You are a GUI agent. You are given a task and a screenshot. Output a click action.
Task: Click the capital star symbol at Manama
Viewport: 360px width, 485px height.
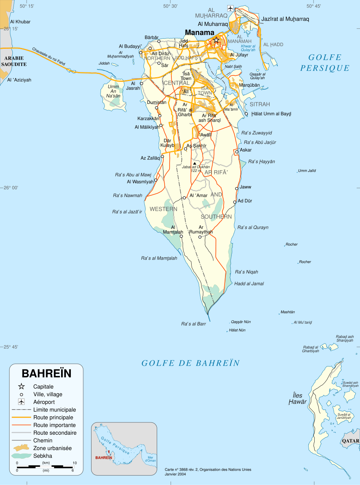[x=216, y=40]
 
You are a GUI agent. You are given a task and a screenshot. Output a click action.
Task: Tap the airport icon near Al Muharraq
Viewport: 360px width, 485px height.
[x=230, y=8]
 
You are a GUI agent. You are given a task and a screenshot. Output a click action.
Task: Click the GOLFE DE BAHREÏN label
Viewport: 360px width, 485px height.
[x=190, y=363]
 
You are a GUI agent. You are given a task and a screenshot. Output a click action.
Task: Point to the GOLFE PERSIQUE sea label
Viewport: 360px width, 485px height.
[x=325, y=63]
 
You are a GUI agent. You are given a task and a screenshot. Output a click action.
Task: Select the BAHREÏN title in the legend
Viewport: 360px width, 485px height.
[x=46, y=374]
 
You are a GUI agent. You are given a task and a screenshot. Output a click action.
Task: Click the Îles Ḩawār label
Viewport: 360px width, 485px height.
[x=298, y=398]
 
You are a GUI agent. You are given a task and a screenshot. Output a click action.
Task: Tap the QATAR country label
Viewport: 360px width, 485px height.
[x=350, y=441]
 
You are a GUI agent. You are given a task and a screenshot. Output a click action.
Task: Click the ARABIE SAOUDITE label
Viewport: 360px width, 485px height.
[x=14, y=61]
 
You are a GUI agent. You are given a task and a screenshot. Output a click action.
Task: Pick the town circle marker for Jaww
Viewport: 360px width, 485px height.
[x=237, y=188]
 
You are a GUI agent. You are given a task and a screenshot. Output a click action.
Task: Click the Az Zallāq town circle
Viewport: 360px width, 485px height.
[x=162, y=156]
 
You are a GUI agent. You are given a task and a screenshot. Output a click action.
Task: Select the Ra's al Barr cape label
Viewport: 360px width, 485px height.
[x=193, y=324]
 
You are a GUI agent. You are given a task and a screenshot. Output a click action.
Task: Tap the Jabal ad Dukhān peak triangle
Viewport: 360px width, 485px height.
[x=195, y=163]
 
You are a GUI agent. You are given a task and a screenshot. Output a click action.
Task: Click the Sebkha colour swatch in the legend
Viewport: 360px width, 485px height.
[x=21, y=456]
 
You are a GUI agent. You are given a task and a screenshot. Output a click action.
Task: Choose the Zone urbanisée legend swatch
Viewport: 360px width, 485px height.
[x=21, y=447]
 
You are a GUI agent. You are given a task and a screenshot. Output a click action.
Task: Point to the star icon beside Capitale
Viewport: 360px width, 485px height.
[x=21, y=386]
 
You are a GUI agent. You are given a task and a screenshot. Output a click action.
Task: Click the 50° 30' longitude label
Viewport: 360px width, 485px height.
[x=170, y=6]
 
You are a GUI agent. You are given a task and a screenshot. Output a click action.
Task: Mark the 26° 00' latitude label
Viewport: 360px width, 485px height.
[x=11, y=188]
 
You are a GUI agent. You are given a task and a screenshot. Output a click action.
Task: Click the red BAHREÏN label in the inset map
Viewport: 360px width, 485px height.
[x=103, y=458]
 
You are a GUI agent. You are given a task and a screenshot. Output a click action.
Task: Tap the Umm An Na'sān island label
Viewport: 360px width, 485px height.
[x=113, y=91]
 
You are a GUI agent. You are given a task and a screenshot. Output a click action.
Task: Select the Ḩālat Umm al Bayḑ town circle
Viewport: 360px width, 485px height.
[x=246, y=114]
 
